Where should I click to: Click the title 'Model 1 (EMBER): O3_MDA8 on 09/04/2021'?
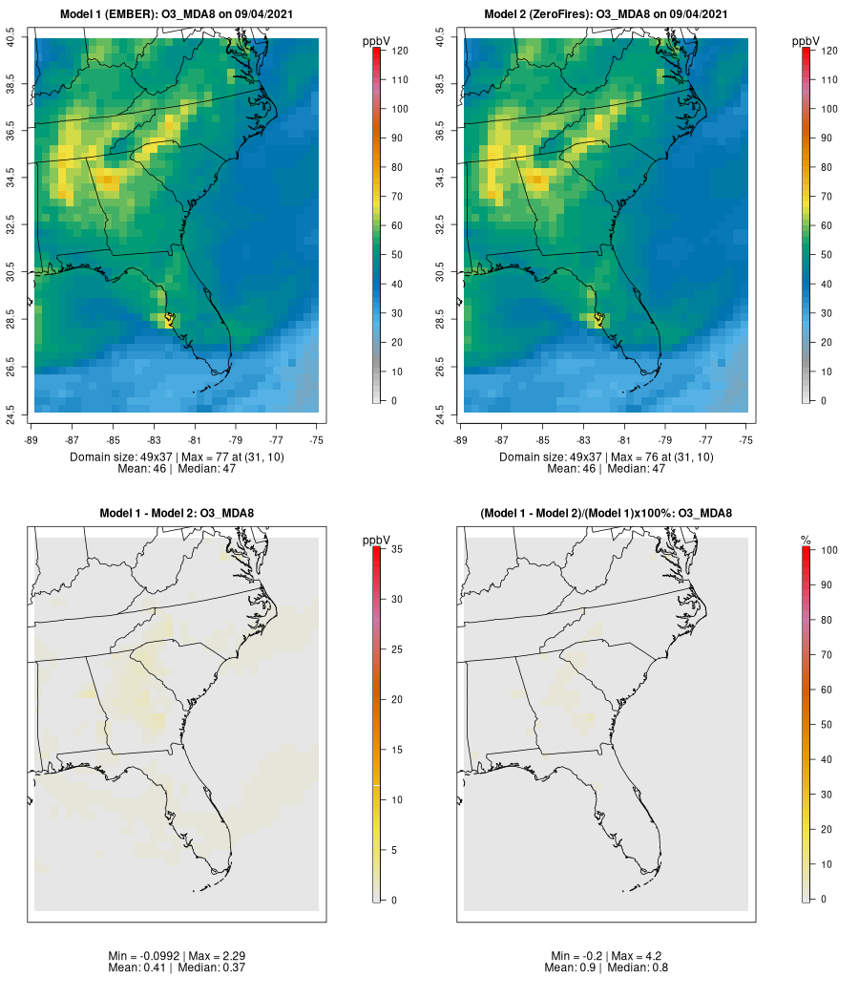pyautogui.click(x=177, y=14)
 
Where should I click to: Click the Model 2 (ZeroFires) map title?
pyautogui.click(x=606, y=14)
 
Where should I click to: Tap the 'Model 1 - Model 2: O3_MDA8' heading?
pyautogui.click(x=177, y=514)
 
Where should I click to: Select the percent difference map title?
pyautogui.click(x=606, y=514)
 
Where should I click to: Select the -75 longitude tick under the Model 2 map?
pyautogui.click(x=746, y=440)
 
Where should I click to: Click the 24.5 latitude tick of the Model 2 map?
pyautogui.click(x=440, y=413)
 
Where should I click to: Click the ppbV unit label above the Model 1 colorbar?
pyautogui.click(x=376, y=41)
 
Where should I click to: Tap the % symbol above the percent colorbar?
pyautogui.click(x=806, y=541)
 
